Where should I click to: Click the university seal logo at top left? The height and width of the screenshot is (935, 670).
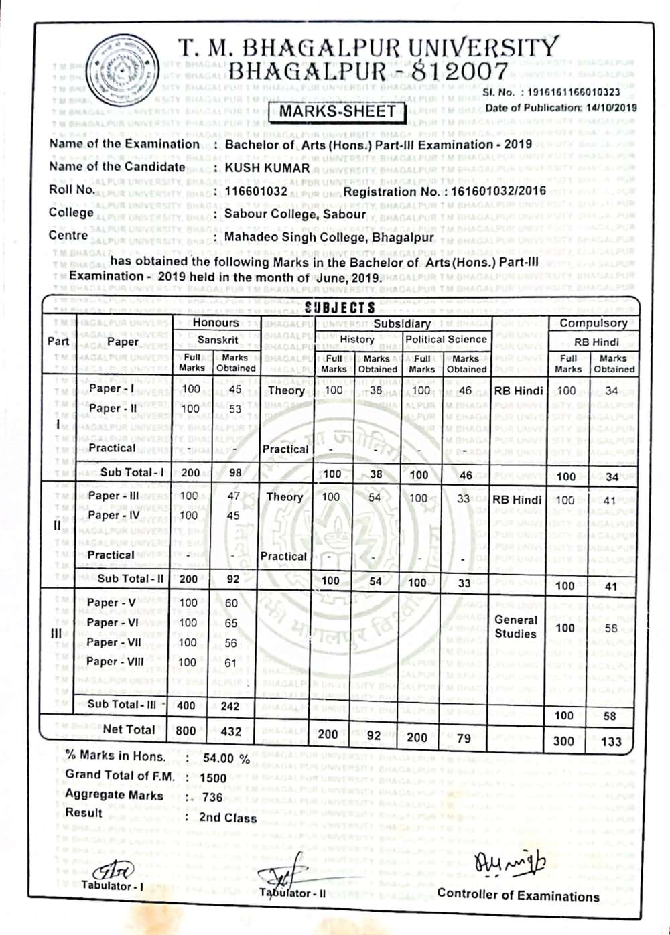coord(121,68)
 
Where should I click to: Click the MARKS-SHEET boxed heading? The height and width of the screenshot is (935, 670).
coord(337,111)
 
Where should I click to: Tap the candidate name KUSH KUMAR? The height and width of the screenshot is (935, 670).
coord(267,168)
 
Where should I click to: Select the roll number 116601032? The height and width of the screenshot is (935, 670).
coord(256,192)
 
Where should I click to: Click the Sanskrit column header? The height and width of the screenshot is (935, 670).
coord(217,340)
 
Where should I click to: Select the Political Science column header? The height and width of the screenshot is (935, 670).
coord(446,340)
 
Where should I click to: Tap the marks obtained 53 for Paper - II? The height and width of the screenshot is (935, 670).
coord(234,409)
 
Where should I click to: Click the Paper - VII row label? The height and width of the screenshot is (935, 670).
coord(114,642)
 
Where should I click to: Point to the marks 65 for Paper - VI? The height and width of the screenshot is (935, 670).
coord(231,623)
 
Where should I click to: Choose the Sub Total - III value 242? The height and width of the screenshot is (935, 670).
coord(230,706)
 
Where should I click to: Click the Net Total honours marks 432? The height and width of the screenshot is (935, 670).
coord(230,731)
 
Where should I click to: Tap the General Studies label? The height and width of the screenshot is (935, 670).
coord(516,627)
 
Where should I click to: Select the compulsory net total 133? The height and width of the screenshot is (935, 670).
coord(611,741)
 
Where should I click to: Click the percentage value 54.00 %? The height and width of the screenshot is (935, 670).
coord(226,758)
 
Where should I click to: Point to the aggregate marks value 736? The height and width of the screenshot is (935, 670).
coord(212,797)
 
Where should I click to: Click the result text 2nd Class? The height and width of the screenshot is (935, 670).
coord(228,818)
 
